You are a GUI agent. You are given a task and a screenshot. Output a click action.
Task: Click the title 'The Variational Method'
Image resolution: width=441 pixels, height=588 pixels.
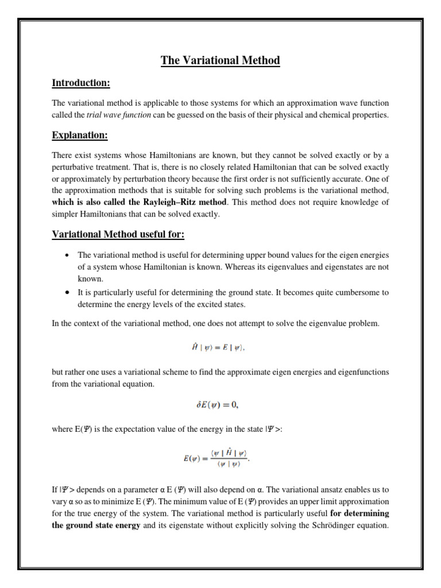tap(220, 60)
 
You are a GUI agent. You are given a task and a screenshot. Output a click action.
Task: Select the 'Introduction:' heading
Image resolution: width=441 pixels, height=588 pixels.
tap(80, 83)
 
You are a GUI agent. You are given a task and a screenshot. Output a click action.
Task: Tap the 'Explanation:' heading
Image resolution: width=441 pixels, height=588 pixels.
tap(80, 136)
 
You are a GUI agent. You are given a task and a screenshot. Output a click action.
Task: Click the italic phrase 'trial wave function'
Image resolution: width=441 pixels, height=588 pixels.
tap(112, 115)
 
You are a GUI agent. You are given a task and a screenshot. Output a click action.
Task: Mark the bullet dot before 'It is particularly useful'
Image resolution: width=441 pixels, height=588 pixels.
tap(67, 293)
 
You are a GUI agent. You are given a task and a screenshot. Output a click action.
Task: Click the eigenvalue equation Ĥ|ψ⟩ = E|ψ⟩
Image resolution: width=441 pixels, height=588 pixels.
tap(220, 347)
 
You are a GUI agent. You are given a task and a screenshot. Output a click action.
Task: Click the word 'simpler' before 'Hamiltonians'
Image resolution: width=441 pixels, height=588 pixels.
tap(65, 214)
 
